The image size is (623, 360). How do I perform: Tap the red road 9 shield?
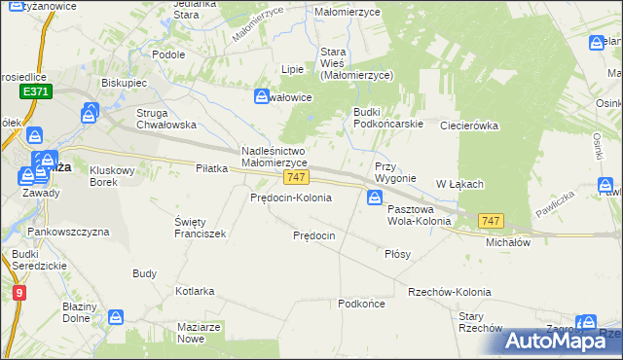pos(18,291)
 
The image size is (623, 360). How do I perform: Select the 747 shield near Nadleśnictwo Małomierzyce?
pos(297,178)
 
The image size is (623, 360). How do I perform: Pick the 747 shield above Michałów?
pos(491,223)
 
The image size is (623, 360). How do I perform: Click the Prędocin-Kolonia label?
pos(291,198)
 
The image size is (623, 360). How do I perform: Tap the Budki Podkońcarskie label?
pos(386,118)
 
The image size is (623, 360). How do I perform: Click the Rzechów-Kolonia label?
pos(450,292)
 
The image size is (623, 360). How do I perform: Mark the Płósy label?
pos(397,253)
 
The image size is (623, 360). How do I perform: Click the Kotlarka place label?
pos(195,291)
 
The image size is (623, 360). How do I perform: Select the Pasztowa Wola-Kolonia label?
pos(420,215)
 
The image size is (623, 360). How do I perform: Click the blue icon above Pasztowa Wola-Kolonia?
pos(375,198)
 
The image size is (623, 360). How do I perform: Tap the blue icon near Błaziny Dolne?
pos(116,317)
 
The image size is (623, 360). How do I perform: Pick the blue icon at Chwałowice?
pos(262,96)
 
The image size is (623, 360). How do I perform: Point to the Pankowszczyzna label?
pos(68,233)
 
